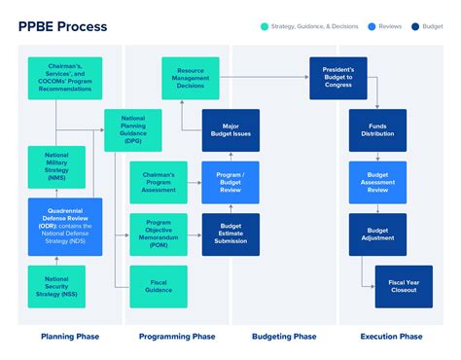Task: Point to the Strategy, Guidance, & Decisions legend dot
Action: (266, 25)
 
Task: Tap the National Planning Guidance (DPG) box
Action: (132, 130)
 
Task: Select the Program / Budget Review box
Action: (230, 182)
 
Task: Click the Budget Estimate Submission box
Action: (230, 234)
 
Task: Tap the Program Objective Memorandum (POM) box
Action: (159, 234)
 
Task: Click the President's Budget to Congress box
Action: (338, 78)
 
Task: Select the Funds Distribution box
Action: (378, 129)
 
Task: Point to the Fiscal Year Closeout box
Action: (404, 286)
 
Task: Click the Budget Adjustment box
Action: (378, 234)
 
